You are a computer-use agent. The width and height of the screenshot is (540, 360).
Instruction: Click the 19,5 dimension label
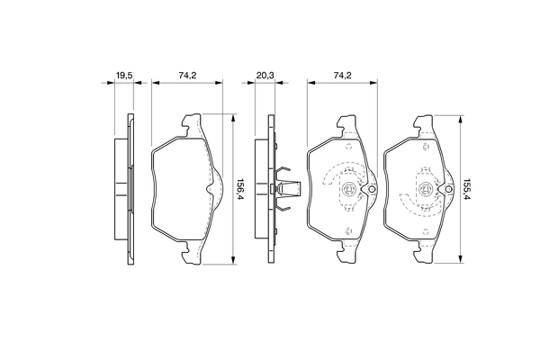(124, 76)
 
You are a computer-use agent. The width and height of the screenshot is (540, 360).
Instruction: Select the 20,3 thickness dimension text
(265, 76)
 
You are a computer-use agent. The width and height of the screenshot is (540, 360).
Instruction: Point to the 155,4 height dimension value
(467, 190)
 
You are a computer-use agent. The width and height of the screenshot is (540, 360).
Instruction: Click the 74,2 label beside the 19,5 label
(187, 76)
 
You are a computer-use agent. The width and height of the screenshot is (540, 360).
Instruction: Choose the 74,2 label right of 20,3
(342, 76)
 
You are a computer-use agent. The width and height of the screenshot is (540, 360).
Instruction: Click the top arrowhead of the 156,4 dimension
(233, 118)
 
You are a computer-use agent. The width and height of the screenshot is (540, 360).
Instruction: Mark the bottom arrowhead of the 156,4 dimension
(233, 260)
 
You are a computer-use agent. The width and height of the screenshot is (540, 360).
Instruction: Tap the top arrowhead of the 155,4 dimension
(461, 120)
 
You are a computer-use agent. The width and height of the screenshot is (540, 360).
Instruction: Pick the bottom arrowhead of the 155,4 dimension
(461, 259)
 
